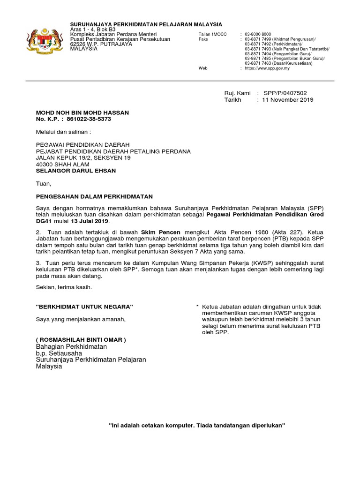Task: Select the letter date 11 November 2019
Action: click(288, 100)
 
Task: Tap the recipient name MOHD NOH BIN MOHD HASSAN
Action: click(82, 113)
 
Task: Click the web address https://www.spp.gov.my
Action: click(267, 68)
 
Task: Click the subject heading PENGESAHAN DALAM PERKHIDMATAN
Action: click(95, 196)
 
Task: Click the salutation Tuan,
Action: click(44, 184)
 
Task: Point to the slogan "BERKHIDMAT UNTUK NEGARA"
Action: click(85, 307)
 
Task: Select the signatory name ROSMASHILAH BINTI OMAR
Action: click(81, 340)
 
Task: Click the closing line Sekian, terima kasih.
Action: click(64, 287)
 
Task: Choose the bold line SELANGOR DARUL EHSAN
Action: click(76, 171)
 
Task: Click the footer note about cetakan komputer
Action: click(197, 425)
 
